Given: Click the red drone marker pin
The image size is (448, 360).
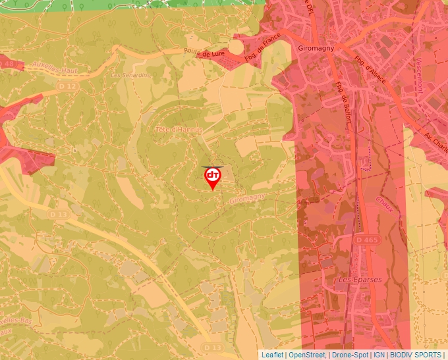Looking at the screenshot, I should (213, 177).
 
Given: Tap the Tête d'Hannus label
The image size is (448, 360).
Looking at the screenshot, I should (178, 130).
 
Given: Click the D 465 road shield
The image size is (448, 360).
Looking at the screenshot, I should (367, 240).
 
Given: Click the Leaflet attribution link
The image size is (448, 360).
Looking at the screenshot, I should (272, 355).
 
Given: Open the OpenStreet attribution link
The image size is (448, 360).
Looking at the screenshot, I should (307, 355).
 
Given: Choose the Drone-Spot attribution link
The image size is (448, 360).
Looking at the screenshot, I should (349, 355).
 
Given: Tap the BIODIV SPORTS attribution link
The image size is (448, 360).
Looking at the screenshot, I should (416, 355).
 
